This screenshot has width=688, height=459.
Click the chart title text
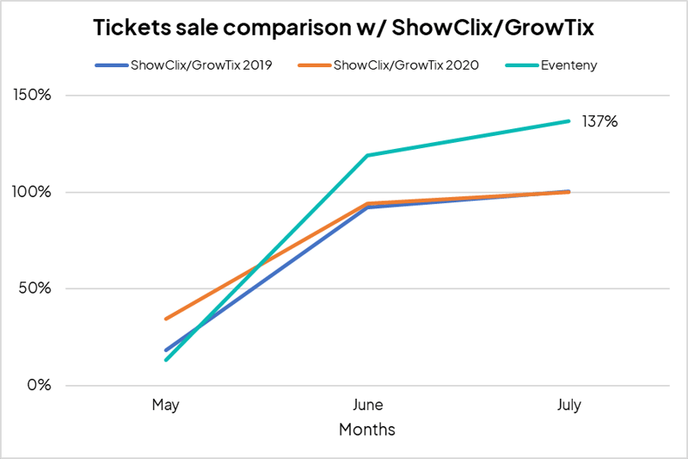(344, 28)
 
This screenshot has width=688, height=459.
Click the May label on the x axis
(165, 405)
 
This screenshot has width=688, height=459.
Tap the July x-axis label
(568, 405)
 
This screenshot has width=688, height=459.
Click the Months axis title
(367, 428)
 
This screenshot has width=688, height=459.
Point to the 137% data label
(600, 121)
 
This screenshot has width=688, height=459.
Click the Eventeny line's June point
(367, 156)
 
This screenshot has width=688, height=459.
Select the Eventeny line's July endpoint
(568, 121)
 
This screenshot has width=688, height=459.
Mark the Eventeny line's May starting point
(166, 359)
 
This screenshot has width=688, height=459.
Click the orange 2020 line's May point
(166, 319)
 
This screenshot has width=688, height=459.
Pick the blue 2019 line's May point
(166, 350)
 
